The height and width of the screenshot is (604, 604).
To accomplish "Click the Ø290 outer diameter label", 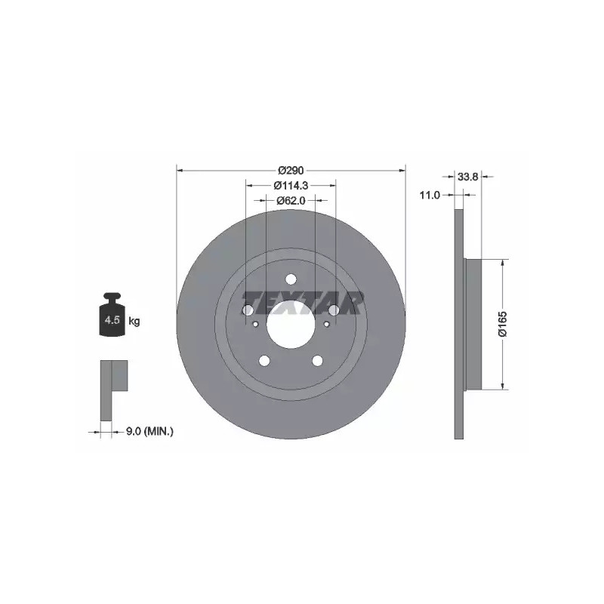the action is tap(291, 170).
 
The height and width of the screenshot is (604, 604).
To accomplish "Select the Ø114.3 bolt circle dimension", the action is tap(291, 185).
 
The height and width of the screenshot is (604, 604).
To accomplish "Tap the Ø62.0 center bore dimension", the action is tap(291, 200).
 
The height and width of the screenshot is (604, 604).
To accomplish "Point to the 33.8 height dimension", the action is tap(467, 177).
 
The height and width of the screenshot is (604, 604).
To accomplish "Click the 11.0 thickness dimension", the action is tap(430, 196).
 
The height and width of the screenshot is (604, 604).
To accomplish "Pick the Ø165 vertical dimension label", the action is tap(503, 325).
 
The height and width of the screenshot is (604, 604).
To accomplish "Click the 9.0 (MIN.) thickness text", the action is tap(149, 432).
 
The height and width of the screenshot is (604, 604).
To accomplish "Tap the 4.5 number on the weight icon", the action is tap(112, 319).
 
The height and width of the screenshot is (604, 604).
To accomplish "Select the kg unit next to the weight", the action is tap(134, 320).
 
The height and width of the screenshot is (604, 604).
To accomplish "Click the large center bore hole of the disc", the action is tap(291, 325).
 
